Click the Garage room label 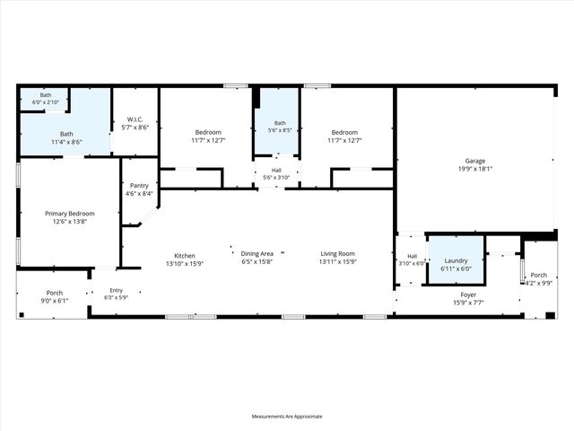[x=474, y=161]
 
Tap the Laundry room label [x=456, y=260]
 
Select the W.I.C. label [x=135, y=119]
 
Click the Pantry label [x=139, y=185]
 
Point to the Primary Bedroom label [x=70, y=213]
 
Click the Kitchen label [x=185, y=255]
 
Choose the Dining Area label [x=257, y=255]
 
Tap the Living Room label [x=338, y=255]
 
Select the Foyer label [x=468, y=295]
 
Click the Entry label [x=117, y=290]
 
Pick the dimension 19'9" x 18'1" [x=474, y=169]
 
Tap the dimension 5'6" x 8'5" [x=280, y=130]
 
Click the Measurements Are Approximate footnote [x=287, y=416]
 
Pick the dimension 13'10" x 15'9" [x=185, y=263]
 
